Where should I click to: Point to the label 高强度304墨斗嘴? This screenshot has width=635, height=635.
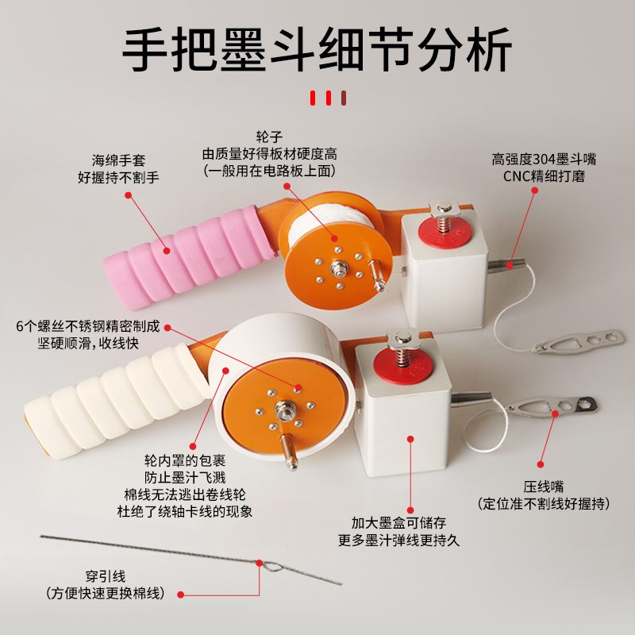(x=544, y=159)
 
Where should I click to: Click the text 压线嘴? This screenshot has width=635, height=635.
(x=543, y=487)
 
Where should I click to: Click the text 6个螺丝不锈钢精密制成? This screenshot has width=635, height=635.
(x=87, y=326)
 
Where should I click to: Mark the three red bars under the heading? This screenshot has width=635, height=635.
(x=326, y=98)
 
